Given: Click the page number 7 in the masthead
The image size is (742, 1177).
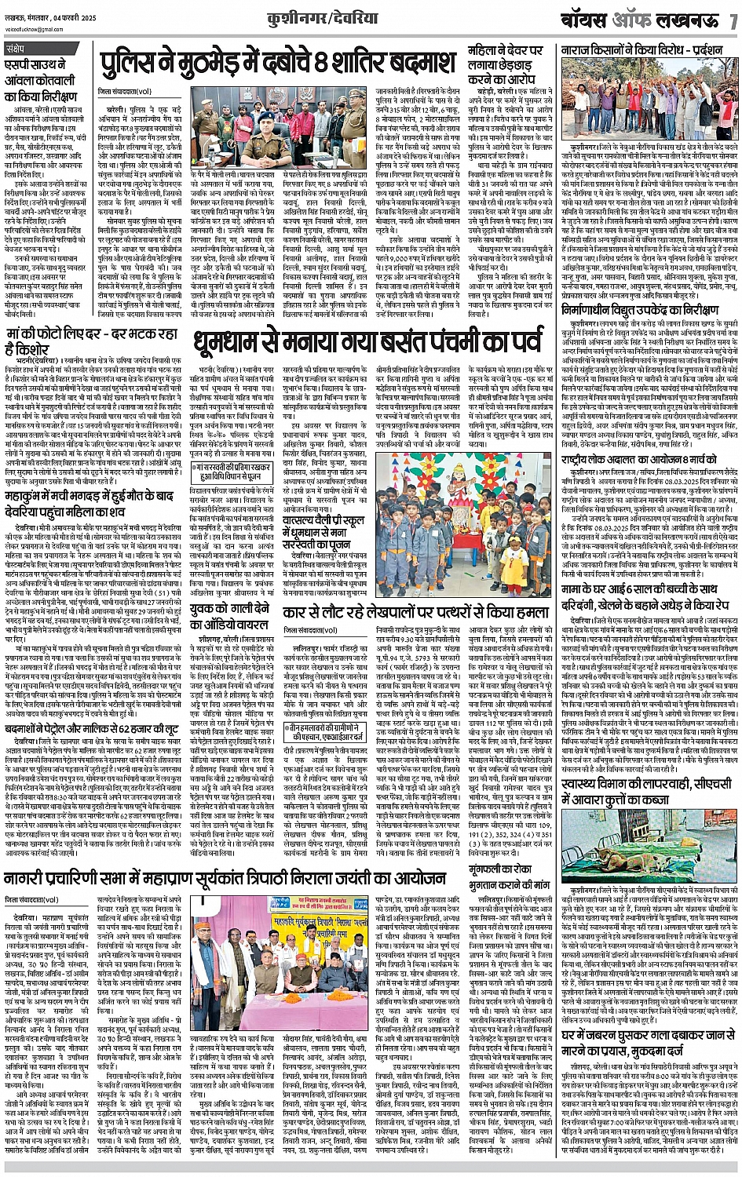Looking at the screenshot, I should [733, 20].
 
